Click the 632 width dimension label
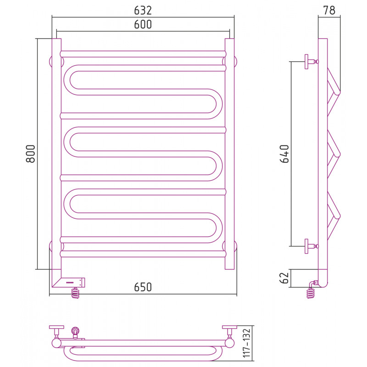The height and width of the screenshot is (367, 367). pos(143,11)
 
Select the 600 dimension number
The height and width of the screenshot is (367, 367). pos(143,24)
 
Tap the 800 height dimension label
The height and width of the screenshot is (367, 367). pos(31,154)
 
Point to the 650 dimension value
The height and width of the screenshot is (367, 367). pos(143,287)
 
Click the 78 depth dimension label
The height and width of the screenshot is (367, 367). pos(329,10)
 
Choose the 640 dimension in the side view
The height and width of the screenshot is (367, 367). pos(284,154)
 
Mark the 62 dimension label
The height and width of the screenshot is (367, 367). pos(284,278)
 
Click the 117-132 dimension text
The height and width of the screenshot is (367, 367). pos(246,343)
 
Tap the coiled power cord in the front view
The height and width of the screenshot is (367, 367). pos(75,293)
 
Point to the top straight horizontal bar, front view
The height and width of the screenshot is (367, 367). pos(143,54)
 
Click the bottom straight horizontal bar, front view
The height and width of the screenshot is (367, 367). pos(143,254)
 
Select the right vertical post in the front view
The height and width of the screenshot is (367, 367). pos(230,154)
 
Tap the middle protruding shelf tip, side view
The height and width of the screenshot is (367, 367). pos(338,154)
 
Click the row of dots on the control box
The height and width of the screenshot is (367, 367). pos(70,283)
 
